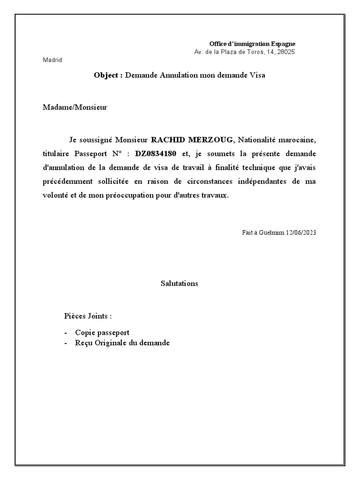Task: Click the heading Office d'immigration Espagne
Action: [x=252, y=44]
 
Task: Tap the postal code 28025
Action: [x=285, y=52]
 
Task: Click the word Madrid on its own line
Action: [x=52, y=60]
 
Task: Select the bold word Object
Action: [x=107, y=75]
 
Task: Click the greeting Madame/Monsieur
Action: [x=75, y=107]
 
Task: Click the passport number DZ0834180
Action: [x=156, y=154]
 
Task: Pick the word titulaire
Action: [x=57, y=154]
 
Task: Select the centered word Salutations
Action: [x=180, y=284]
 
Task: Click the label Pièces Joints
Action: [x=87, y=315]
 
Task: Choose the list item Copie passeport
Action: [x=102, y=332]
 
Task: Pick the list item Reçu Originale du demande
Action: [x=122, y=343]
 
